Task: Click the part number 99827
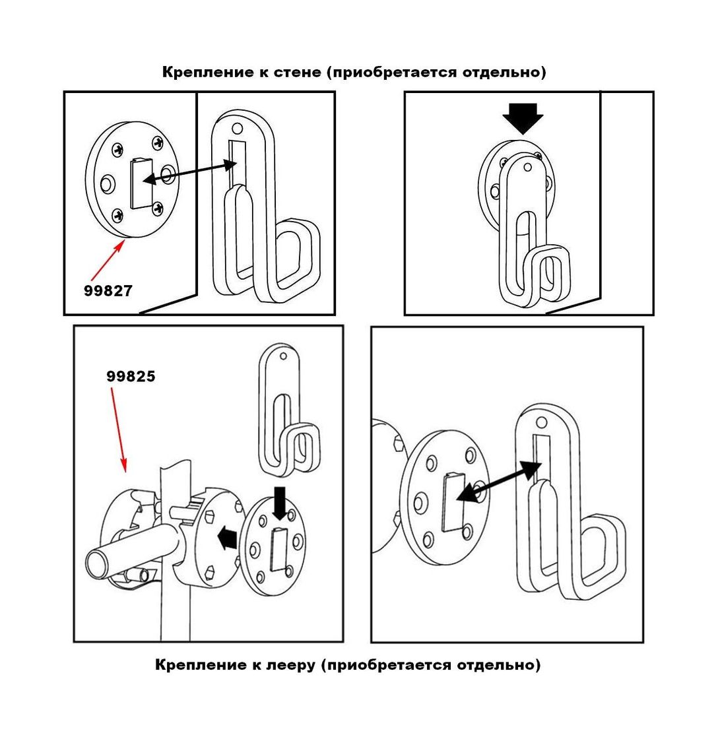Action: point(108,290)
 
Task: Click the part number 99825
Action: point(131,377)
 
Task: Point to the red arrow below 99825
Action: point(119,429)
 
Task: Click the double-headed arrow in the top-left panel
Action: point(189,170)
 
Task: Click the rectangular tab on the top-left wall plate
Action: point(141,183)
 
